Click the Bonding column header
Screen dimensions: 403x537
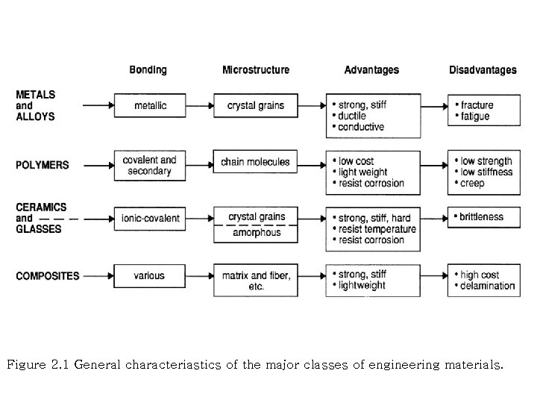[148, 70]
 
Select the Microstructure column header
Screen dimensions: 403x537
[256, 70]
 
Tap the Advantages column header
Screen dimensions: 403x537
[371, 70]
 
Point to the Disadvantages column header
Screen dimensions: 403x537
[483, 70]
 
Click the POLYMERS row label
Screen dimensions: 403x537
[43, 165]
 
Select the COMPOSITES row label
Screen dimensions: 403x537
[48, 276]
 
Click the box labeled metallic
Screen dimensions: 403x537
[150, 106]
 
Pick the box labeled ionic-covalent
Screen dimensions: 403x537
[150, 218]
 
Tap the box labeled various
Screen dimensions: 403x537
[149, 276]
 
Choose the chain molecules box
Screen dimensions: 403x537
[256, 162]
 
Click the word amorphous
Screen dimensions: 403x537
[256, 233]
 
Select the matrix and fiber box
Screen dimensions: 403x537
[256, 281]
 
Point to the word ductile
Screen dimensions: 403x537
[352, 116]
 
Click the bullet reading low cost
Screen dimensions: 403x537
[356, 162]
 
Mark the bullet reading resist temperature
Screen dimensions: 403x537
[377, 229]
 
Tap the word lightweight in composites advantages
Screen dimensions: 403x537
[362, 285]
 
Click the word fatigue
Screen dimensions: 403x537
[475, 116]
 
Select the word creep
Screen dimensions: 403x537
[472, 183]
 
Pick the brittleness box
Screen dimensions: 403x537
[481, 217]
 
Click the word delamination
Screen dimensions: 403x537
[488, 285]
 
